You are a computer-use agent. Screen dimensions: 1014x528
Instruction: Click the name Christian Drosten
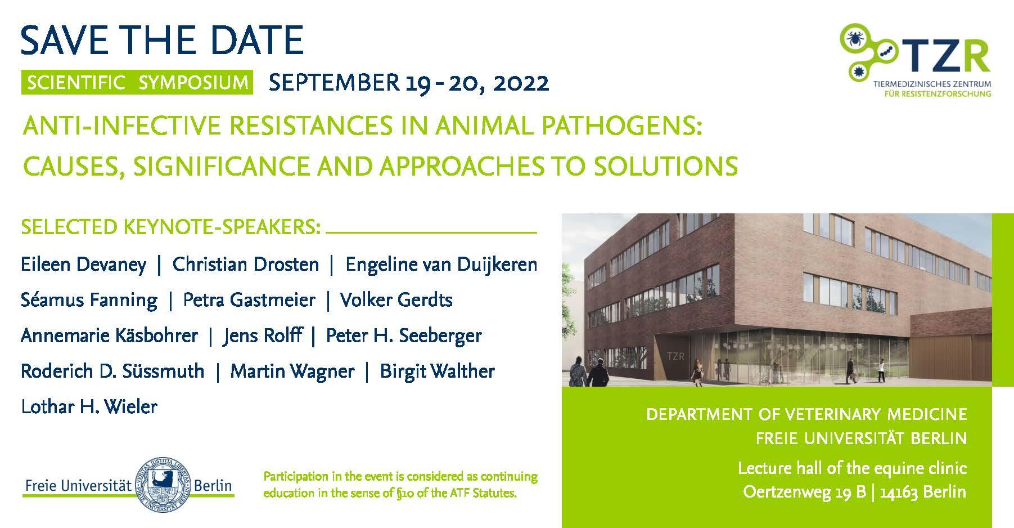pyautogui.click(x=245, y=264)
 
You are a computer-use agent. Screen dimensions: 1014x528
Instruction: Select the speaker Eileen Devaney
pyautogui.click(x=83, y=265)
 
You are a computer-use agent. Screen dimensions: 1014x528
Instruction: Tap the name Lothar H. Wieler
pyautogui.click(x=89, y=406)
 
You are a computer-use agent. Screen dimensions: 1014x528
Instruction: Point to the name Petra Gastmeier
pyautogui.click(x=249, y=300)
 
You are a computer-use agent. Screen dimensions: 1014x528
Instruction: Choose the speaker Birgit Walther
pyautogui.click(x=437, y=372)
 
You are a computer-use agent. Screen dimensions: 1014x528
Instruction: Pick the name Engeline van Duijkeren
pyautogui.click(x=441, y=265)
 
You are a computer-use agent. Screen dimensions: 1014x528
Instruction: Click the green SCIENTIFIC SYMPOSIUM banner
pyautogui.click(x=137, y=82)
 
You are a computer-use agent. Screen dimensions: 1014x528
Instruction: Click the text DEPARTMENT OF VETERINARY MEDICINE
pyautogui.click(x=806, y=415)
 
